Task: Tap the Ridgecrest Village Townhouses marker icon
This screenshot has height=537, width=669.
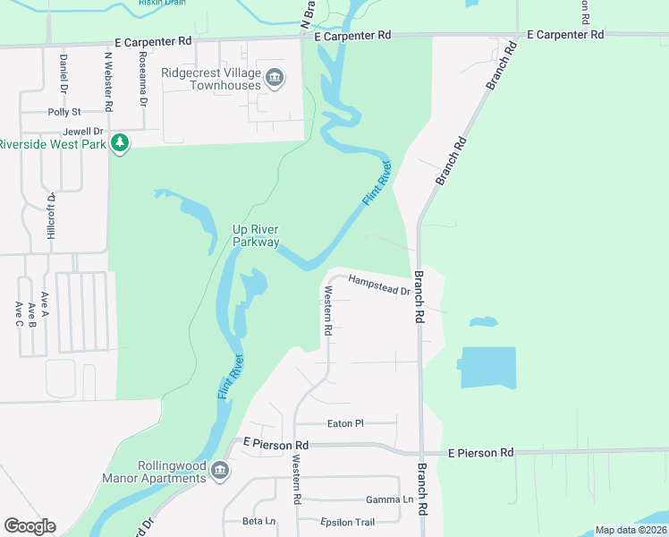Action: tap(274, 79)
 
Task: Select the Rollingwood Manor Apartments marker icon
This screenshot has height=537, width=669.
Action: tap(220, 472)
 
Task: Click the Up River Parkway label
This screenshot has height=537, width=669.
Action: tap(256, 235)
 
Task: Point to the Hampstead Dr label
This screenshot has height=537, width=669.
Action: tap(378, 284)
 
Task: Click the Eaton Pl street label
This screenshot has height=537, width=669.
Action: tap(346, 423)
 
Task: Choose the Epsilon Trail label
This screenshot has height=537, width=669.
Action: tap(348, 522)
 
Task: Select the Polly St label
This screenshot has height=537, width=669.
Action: tap(64, 112)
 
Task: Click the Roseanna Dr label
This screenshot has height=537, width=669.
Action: tap(144, 78)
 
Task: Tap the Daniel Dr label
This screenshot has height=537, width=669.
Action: tap(64, 73)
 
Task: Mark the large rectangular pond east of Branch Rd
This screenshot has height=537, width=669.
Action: tap(488, 368)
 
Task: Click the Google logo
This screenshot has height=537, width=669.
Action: tap(30, 526)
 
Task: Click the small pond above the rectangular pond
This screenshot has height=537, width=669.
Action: tap(484, 321)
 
